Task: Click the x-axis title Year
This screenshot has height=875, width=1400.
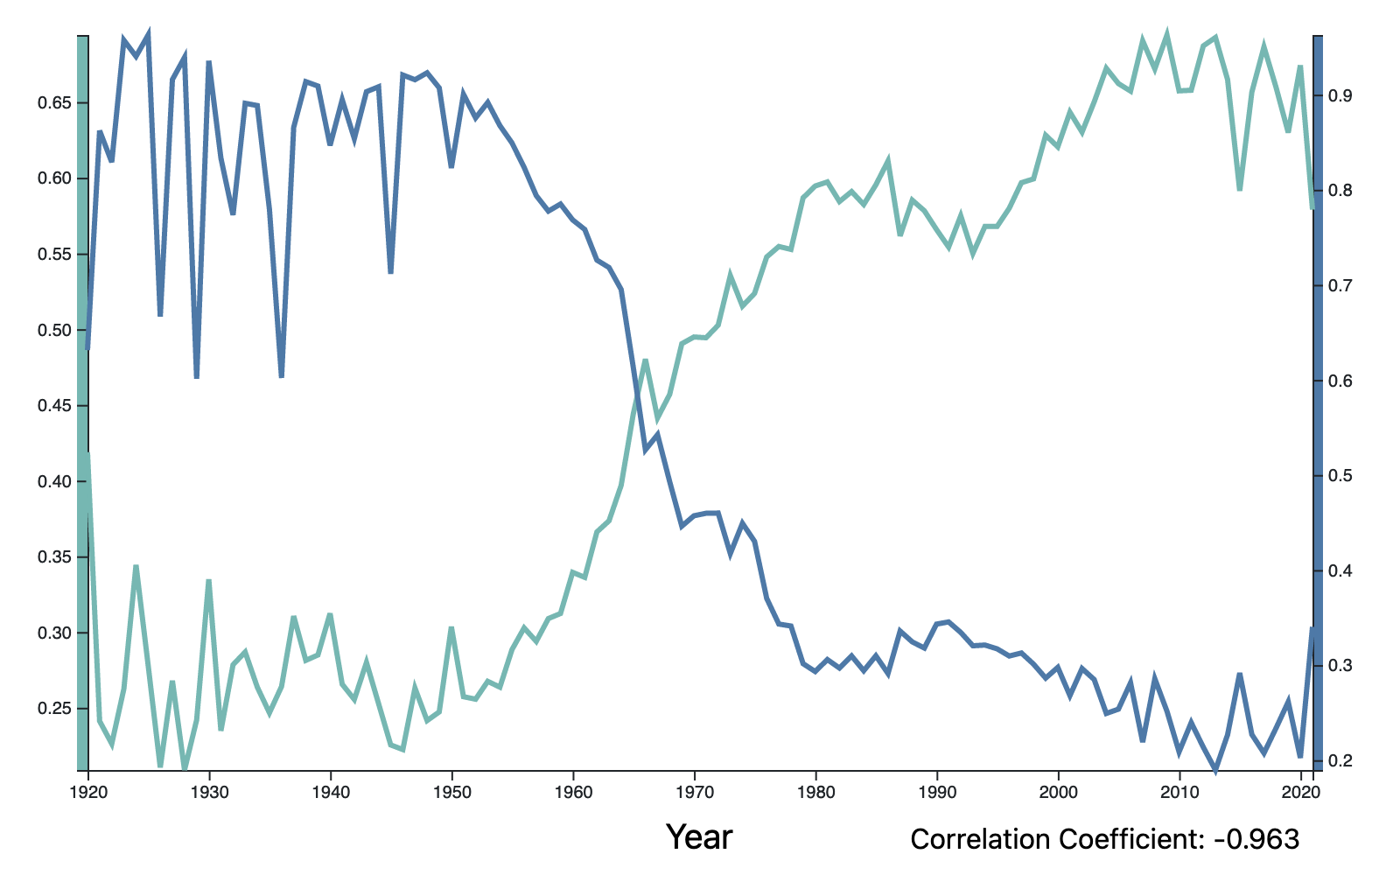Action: pos(699,837)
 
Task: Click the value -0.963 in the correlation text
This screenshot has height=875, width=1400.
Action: pos(1256,839)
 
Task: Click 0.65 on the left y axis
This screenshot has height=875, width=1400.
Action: pos(54,103)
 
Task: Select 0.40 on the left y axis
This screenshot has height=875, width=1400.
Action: pos(54,482)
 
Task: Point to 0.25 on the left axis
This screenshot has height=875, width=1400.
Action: pos(54,709)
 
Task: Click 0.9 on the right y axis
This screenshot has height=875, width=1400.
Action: pos(1339,95)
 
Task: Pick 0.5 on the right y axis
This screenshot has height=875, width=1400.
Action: pos(1339,476)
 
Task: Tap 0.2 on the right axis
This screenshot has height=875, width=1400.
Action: pos(1339,761)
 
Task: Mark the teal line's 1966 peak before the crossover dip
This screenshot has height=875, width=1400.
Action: pos(645,360)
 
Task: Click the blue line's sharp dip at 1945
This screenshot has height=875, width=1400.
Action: pos(390,273)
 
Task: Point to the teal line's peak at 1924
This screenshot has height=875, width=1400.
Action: pos(136,566)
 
